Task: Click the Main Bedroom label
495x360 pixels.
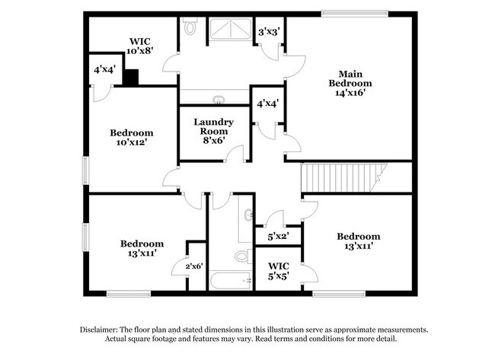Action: [350, 78]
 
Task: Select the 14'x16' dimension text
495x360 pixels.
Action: [350, 94]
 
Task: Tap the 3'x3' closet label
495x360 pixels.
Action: [269, 32]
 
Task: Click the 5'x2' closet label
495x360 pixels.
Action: [278, 237]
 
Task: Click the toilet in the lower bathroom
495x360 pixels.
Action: [242, 255]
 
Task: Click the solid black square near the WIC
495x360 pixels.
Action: [131, 78]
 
